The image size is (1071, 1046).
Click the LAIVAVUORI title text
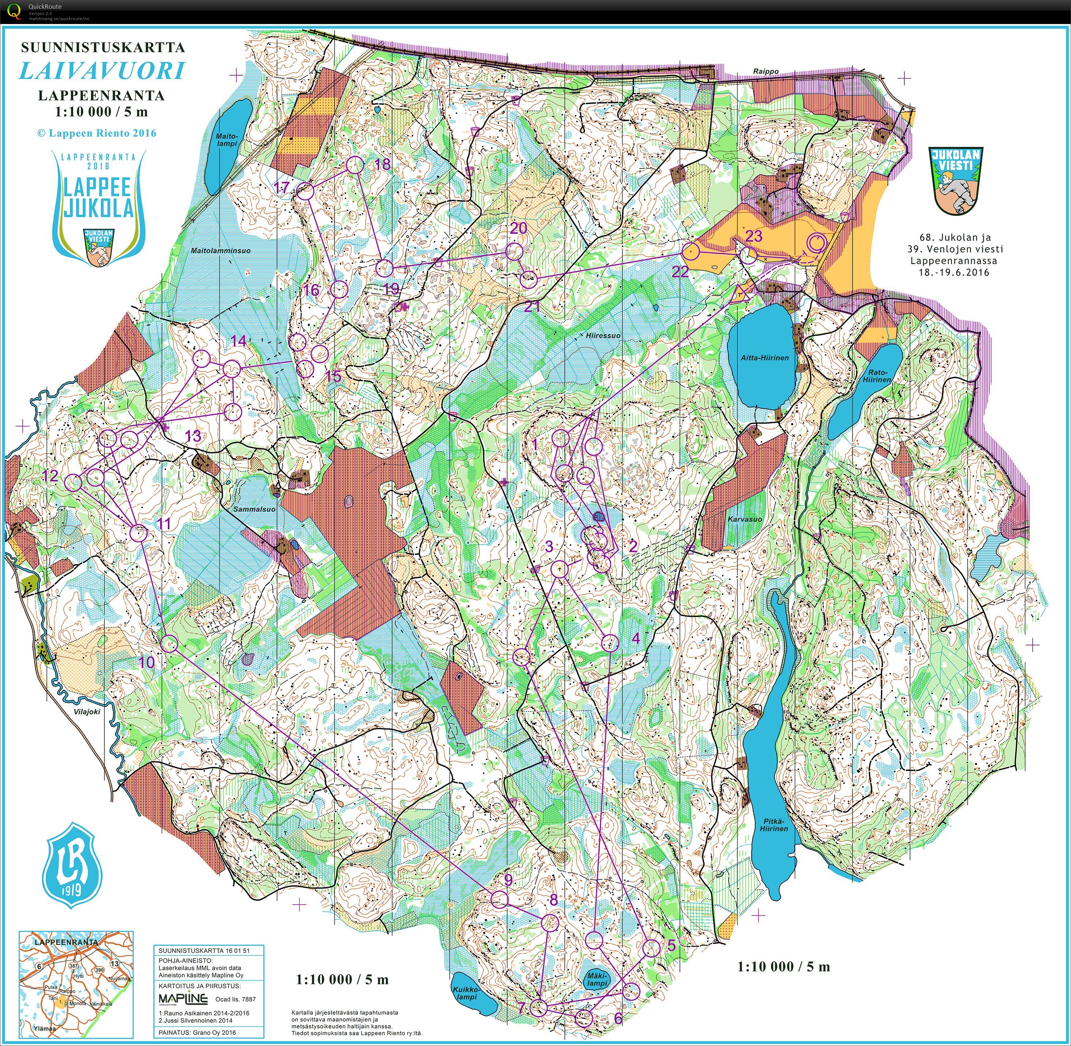pos(102,71)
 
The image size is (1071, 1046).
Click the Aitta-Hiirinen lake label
pos(764,358)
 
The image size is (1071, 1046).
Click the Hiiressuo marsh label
pos(603,335)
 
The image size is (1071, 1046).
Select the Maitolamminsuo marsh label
pos(220,250)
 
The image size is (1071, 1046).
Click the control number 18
pos(382,164)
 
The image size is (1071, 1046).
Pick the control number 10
pos(146,662)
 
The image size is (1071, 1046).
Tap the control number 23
pos(754,236)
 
